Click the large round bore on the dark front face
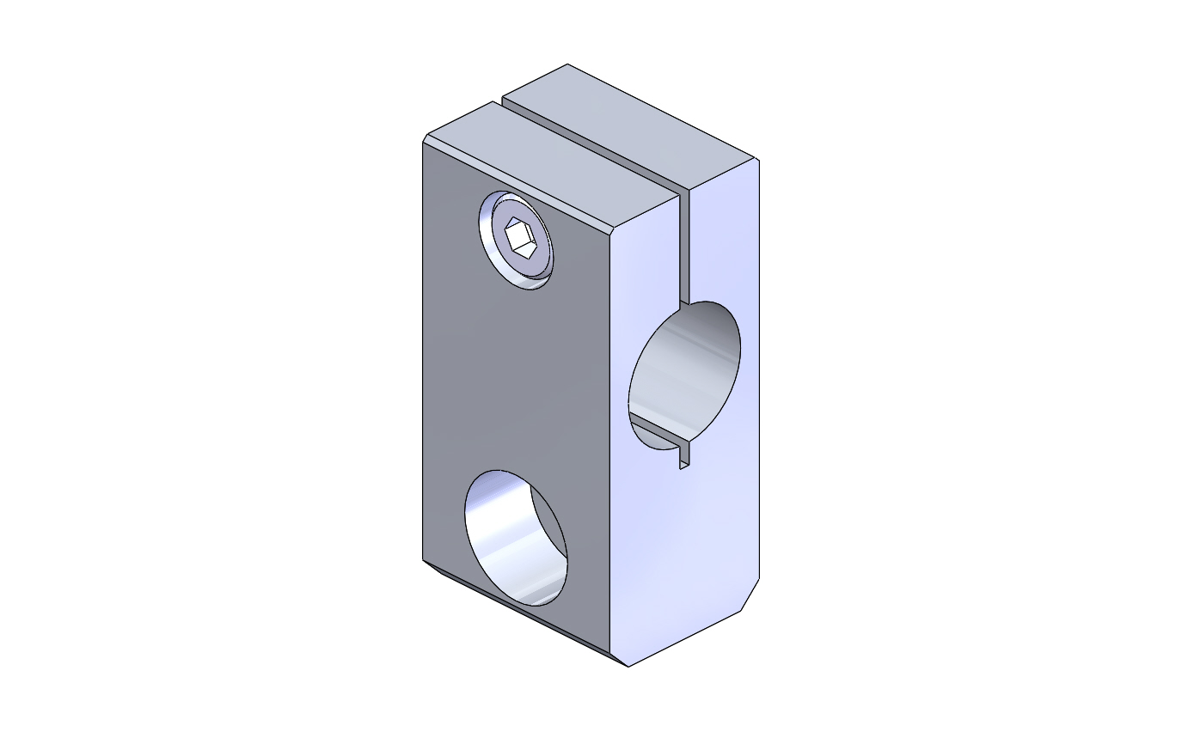pyautogui.click(x=516, y=537)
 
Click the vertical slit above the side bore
pyautogui.click(x=685, y=249)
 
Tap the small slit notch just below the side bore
pyautogui.click(x=684, y=455)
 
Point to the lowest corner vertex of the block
pyautogui.click(x=628, y=667)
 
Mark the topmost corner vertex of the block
pyautogui.click(x=567, y=64)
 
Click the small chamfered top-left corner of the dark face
pyautogui.click(x=426, y=138)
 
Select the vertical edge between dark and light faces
pyautogui.click(x=609, y=430)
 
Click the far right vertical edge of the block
pyautogui.click(x=759, y=369)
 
